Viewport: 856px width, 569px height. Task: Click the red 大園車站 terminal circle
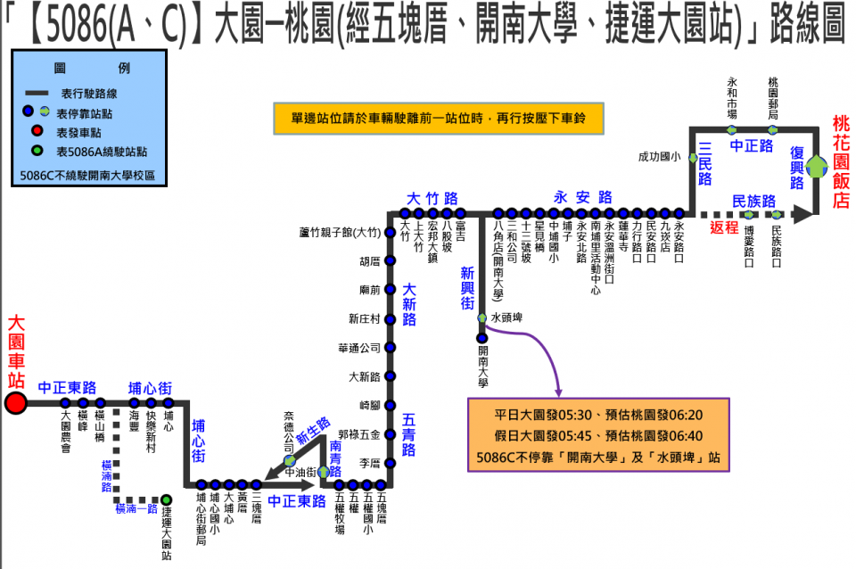pos(15,403)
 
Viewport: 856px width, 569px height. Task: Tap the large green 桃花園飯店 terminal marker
pos(817,166)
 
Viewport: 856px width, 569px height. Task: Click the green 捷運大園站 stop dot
pos(166,499)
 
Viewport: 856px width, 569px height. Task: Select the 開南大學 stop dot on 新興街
pos(481,337)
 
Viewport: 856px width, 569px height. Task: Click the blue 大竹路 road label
pos(432,198)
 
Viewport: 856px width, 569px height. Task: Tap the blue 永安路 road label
pos(583,197)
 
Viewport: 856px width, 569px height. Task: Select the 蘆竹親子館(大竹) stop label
pos(340,233)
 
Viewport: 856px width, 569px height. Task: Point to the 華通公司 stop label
pos(359,348)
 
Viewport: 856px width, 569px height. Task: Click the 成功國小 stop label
pos(659,157)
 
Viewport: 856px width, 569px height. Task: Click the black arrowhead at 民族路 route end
pos(804,214)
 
